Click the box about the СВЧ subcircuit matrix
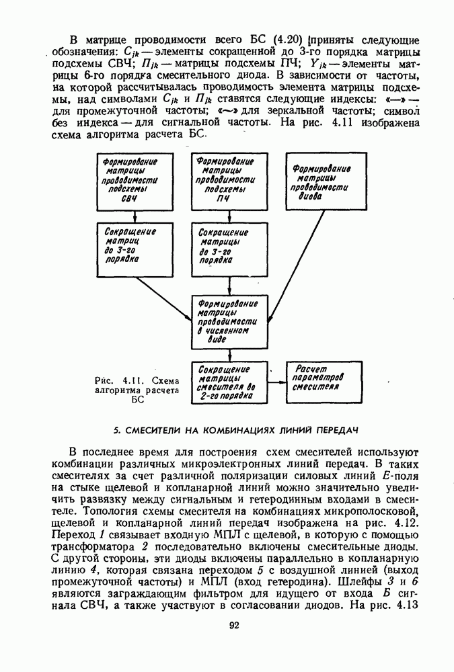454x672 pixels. [x=135, y=181]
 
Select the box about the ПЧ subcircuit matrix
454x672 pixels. [x=230, y=181]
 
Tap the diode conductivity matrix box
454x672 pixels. [x=326, y=181]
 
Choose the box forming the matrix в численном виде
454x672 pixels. [x=230, y=321]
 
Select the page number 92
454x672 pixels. [x=233, y=624]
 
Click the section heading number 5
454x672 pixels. [x=116, y=428]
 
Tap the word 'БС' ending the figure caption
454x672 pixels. [x=139, y=399]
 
